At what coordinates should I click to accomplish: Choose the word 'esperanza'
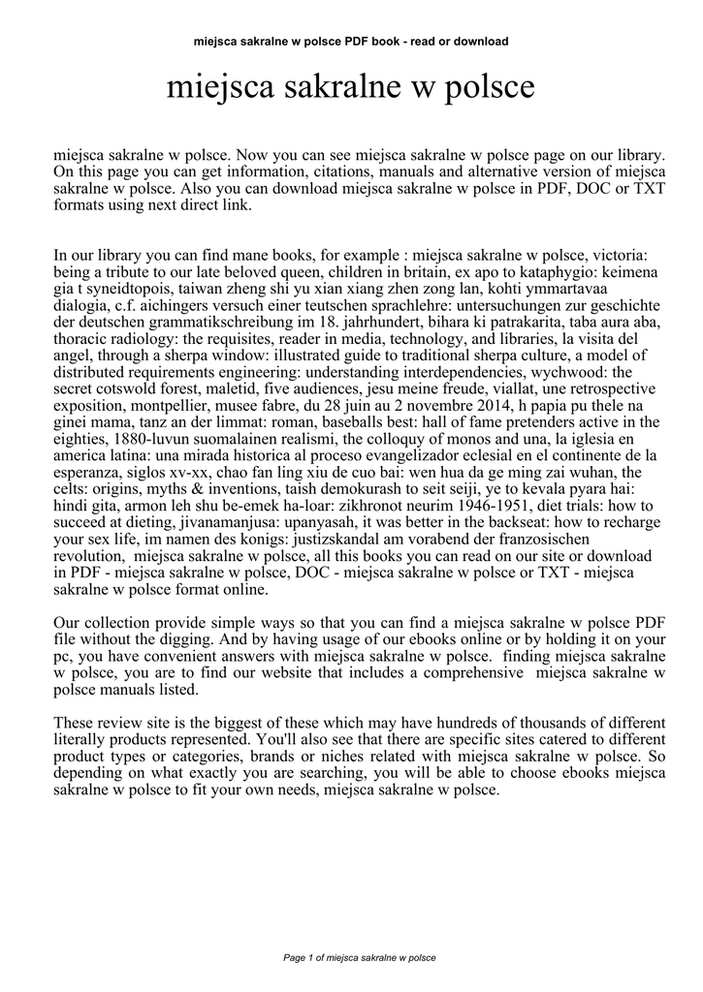(85, 471)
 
